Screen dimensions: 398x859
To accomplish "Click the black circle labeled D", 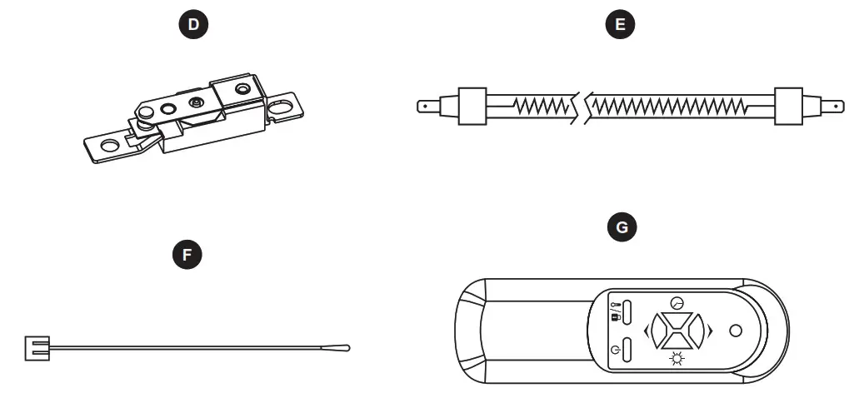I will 194,25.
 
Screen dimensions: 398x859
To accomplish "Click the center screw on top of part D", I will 197,102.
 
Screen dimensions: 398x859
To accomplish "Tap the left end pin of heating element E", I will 426,107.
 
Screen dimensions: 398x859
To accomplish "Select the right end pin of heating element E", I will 833,107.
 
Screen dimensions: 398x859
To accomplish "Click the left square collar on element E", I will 472,106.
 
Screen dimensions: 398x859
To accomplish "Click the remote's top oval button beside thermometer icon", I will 627,311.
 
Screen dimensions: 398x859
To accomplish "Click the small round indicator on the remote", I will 735,331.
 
